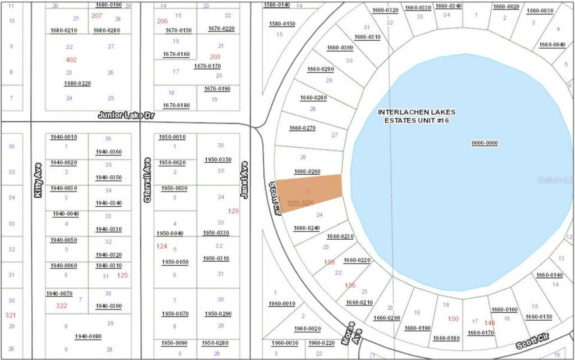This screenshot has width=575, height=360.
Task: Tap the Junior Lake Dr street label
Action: coord(126,115)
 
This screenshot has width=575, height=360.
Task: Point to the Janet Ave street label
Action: coord(244,179)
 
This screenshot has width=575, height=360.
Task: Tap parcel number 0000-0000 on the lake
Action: coord(484,143)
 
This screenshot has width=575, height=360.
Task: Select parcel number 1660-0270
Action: coord(302,128)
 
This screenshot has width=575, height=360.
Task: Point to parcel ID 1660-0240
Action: coord(306,228)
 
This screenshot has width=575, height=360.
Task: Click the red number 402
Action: coord(71,60)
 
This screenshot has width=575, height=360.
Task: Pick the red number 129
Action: coord(234,211)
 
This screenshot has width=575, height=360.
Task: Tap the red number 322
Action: coord(62,306)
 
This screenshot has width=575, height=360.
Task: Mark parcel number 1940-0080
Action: coord(88,336)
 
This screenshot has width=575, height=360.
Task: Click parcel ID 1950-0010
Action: coord(172,137)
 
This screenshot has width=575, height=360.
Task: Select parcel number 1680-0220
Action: coord(77,83)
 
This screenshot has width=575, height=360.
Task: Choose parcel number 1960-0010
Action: coord(281,304)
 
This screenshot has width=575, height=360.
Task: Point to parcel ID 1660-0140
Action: coord(549,275)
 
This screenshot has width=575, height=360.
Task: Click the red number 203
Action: coord(215,57)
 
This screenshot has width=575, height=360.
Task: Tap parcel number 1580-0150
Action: coord(282,24)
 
